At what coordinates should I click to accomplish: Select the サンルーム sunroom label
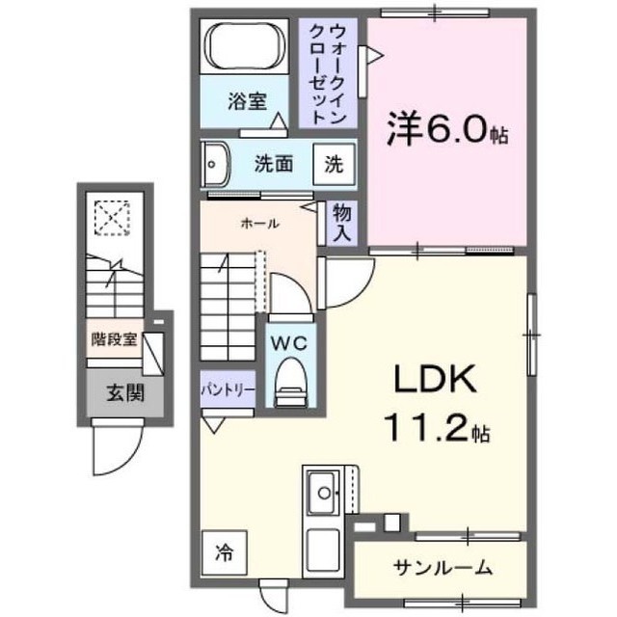[443, 567]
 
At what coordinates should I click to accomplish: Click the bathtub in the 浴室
[245, 47]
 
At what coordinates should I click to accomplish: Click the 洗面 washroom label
[274, 164]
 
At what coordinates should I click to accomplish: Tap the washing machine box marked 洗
[333, 164]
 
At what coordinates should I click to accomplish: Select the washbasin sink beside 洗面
[214, 164]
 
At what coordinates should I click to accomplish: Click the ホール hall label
[259, 224]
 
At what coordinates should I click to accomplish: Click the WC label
[286, 341]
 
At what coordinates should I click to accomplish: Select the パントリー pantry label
[228, 389]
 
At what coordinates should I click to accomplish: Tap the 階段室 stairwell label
[114, 338]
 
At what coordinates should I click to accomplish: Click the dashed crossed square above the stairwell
[113, 217]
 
